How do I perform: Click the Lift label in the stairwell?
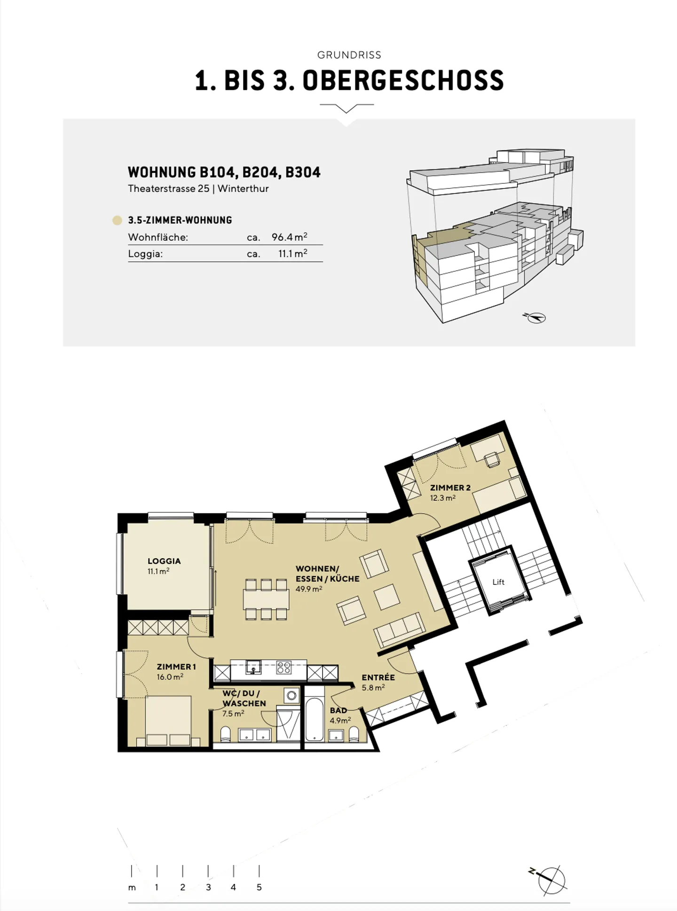(498, 582)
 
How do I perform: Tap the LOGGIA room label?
(164, 561)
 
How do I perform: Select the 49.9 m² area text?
(309, 589)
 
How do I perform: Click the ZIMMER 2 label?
(450, 487)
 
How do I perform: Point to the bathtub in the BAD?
(314, 719)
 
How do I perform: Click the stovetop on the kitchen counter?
(284, 668)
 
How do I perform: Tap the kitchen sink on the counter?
(253, 667)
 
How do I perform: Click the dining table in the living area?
(266, 599)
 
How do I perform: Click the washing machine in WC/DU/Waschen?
(292, 695)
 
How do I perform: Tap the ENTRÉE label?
(378, 677)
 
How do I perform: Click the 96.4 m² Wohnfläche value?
(289, 237)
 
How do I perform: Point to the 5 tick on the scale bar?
(259, 871)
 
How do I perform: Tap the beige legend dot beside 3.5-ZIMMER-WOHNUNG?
(117, 220)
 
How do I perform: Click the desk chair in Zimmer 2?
(493, 459)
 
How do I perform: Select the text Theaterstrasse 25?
(168, 188)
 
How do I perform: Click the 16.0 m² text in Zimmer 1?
(170, 677)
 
